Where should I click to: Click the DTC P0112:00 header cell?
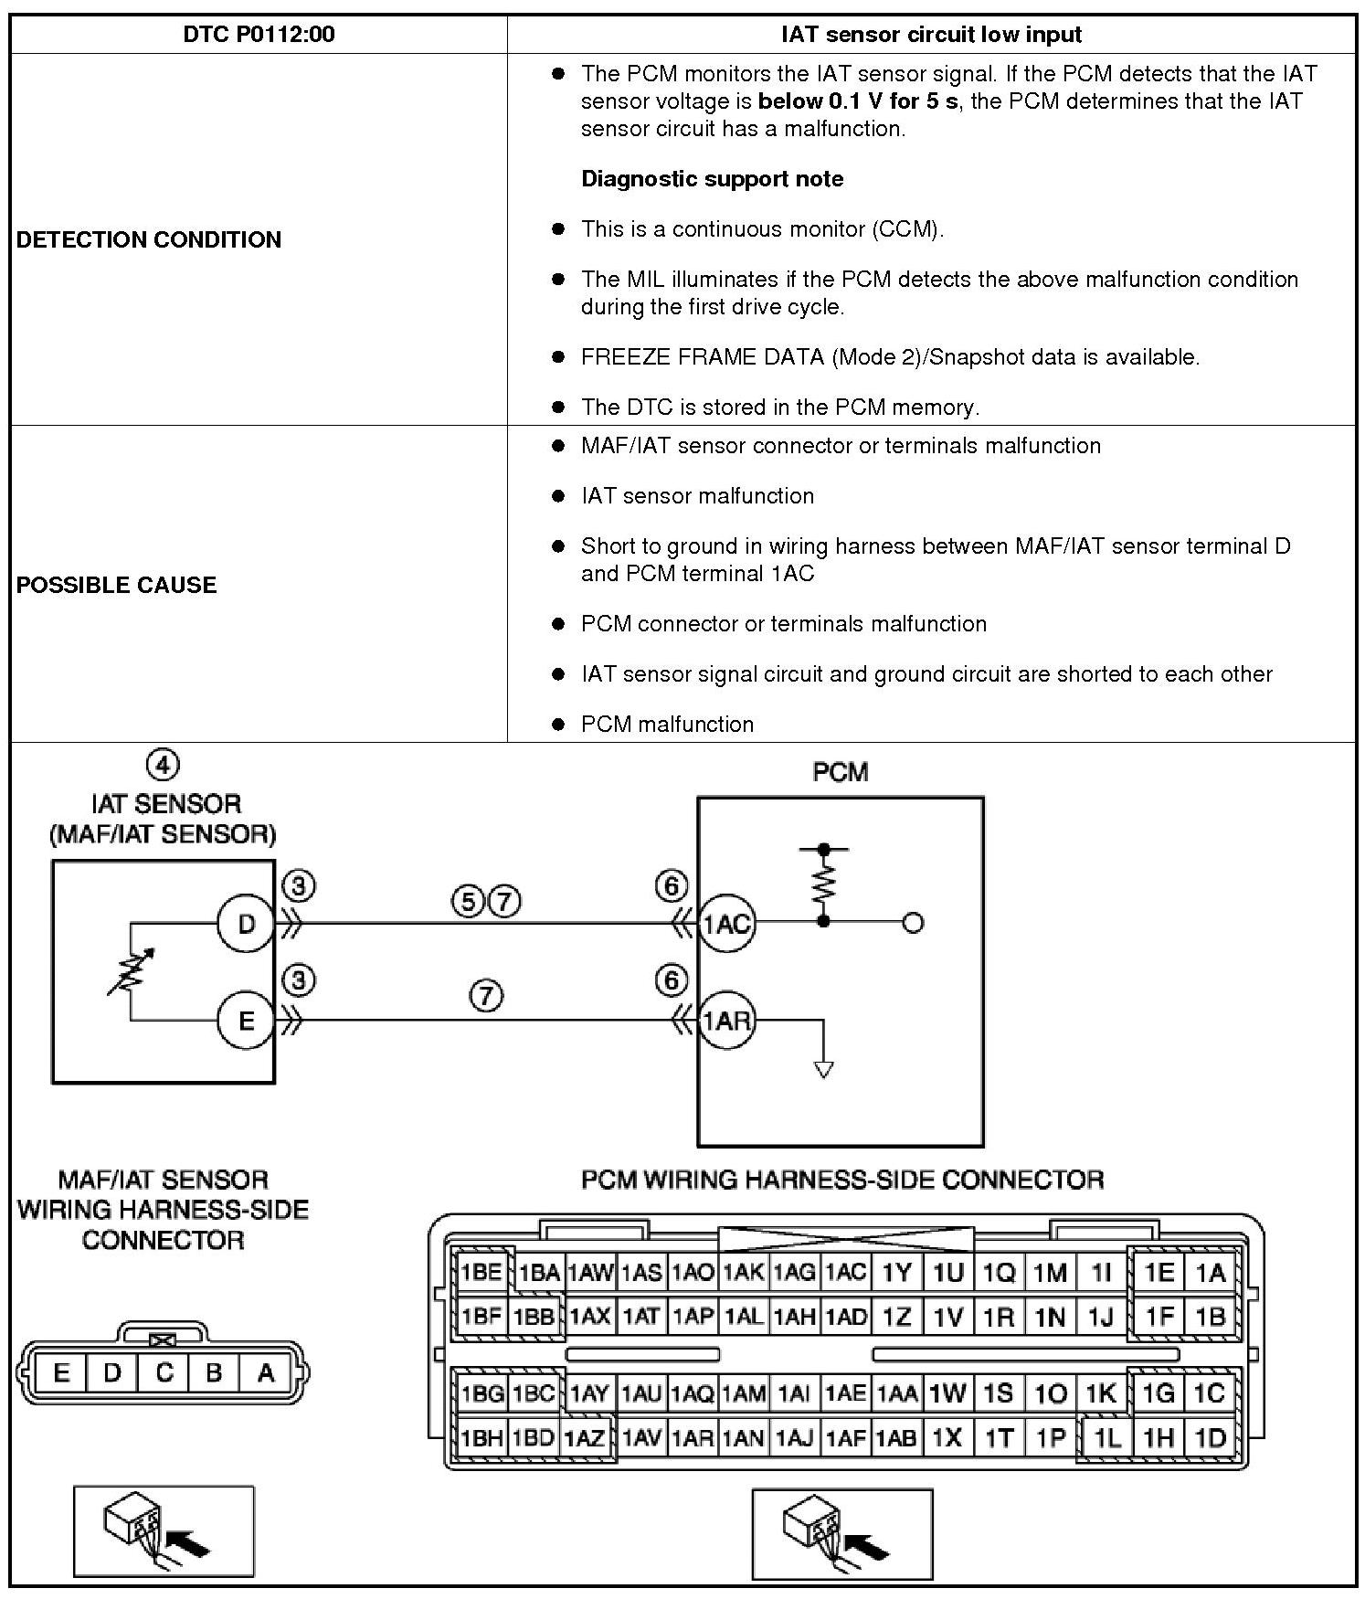coord(259,35)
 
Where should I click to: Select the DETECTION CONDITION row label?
coord(149,239)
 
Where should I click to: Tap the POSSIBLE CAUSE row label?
coord(116,585)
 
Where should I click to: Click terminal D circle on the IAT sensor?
coord(246,925)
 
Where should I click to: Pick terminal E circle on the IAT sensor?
coord(246,1020)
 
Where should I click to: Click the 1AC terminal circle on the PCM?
coord(727,924)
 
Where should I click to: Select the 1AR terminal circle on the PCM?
coord(727,1020)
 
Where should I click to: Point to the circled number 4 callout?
coord(164,765)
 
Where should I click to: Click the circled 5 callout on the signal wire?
coord(467,903)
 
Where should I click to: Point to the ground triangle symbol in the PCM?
coord(824,1068)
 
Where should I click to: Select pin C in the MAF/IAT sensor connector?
coord(164,1373)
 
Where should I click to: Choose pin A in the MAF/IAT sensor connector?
coord(266,1373)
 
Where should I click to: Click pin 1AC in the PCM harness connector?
coord(845,1272)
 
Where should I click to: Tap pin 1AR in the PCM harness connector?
coord(692,1437)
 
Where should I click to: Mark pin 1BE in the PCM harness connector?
coord(481,1272)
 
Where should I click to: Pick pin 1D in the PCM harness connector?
coord(1210,1437)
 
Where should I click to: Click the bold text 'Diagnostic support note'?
coord(712,179)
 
